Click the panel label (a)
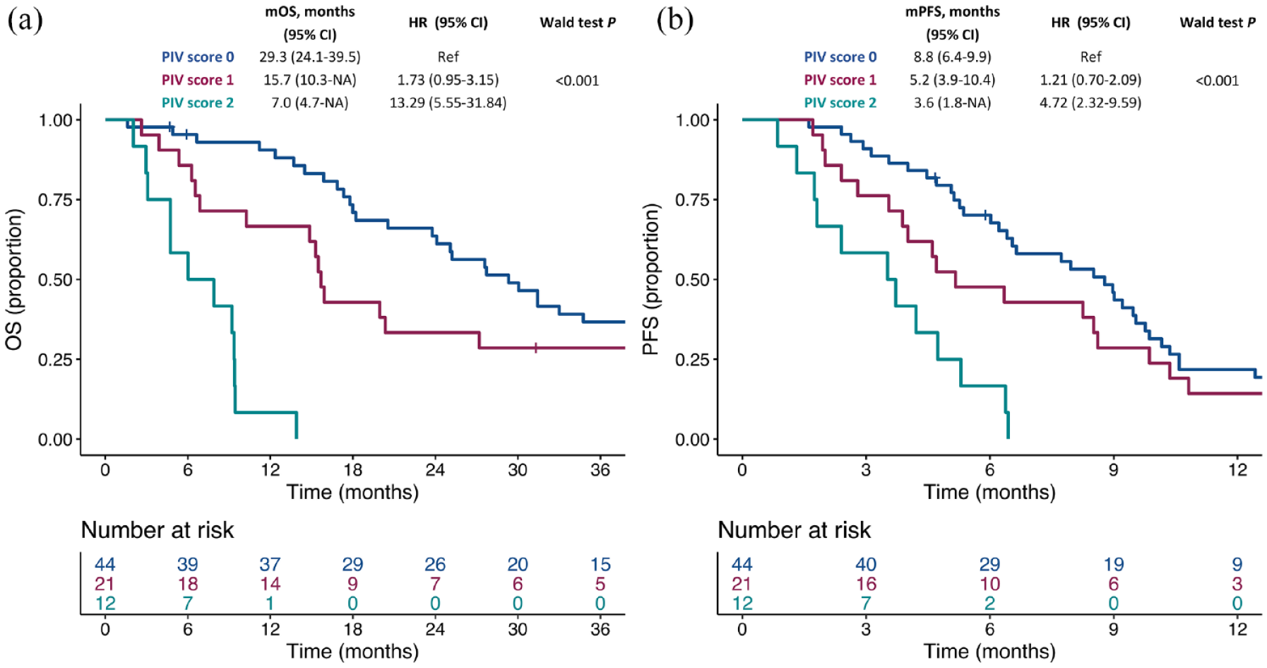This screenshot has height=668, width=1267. (25, 20)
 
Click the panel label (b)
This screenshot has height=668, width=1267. (674, 20)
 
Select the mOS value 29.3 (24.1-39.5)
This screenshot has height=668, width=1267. (309, 57)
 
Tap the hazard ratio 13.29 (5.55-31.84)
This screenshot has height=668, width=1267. (448, 103)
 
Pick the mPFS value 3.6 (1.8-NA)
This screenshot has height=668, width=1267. (952, 103)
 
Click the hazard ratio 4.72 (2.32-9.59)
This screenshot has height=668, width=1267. (1090, 103)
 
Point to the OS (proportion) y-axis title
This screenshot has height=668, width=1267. (14, 279)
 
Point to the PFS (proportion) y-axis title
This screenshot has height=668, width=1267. (650, 279)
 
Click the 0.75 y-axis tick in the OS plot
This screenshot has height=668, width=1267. (55, 200)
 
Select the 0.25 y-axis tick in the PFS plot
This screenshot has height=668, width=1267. (692, 360)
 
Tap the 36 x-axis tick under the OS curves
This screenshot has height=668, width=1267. (600, 470)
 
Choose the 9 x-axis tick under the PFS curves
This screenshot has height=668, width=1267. (1113, 470)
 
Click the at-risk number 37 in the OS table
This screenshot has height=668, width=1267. (270, 565)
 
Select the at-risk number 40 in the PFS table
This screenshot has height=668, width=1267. (866, 565)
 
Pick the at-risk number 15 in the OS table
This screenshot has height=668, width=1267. (600, 565)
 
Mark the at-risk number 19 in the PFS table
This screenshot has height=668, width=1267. (1114, 565)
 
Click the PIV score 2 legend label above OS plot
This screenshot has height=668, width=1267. (198, 103)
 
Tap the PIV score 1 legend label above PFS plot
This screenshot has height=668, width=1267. (840, 80)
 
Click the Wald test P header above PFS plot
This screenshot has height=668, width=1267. (1218, 23)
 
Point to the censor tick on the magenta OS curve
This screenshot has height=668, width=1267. (535, 348)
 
